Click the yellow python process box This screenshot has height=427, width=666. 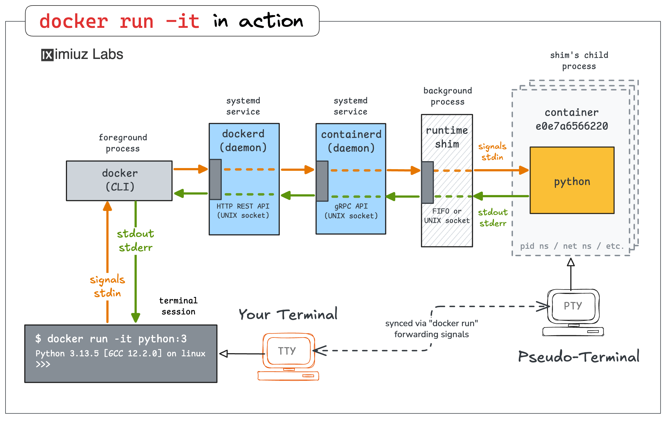coord(572,180)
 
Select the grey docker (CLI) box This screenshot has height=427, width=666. coord(119,180)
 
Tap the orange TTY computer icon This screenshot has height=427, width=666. coord(288,356)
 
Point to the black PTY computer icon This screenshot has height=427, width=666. coord(573,312)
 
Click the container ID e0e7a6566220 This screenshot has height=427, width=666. coord(571,126)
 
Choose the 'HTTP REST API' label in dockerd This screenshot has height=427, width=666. coord(243,206)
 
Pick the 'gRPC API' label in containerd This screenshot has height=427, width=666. coord(351,206)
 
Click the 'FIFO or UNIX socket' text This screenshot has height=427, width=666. coord(446,216)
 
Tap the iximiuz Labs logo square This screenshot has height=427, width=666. coord(47,55)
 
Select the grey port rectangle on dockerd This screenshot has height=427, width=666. coord(215,179)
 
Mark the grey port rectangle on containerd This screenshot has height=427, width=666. coord(322,181)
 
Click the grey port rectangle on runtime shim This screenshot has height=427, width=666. coord(427,182)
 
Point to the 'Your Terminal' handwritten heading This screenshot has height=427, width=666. coord(288,314)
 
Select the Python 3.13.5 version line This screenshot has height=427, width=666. coord(120,353)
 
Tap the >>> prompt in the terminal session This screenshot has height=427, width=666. coord(43,364)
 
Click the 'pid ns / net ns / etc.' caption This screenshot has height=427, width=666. coord(572,246)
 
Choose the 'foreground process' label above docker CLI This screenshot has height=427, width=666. coord(123,143)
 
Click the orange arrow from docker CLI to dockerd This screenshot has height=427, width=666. coord(190,169)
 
